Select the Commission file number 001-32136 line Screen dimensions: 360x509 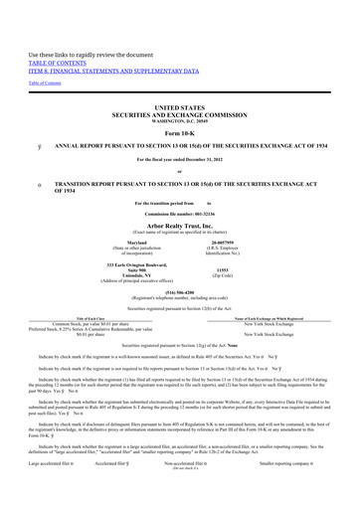(179, 210)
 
